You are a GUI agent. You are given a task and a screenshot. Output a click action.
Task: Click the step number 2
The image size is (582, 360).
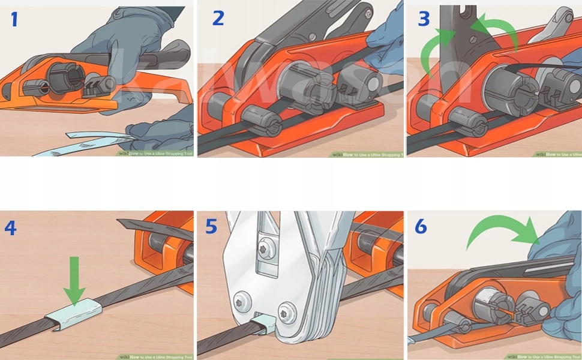[x=218, y=19]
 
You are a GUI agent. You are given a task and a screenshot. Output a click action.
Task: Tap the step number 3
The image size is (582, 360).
[x=424, y=19]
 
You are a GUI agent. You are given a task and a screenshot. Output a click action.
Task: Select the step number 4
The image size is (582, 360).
[x=10, y=228]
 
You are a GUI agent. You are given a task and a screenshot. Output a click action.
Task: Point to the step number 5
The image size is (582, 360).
[x=211, y=227]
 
